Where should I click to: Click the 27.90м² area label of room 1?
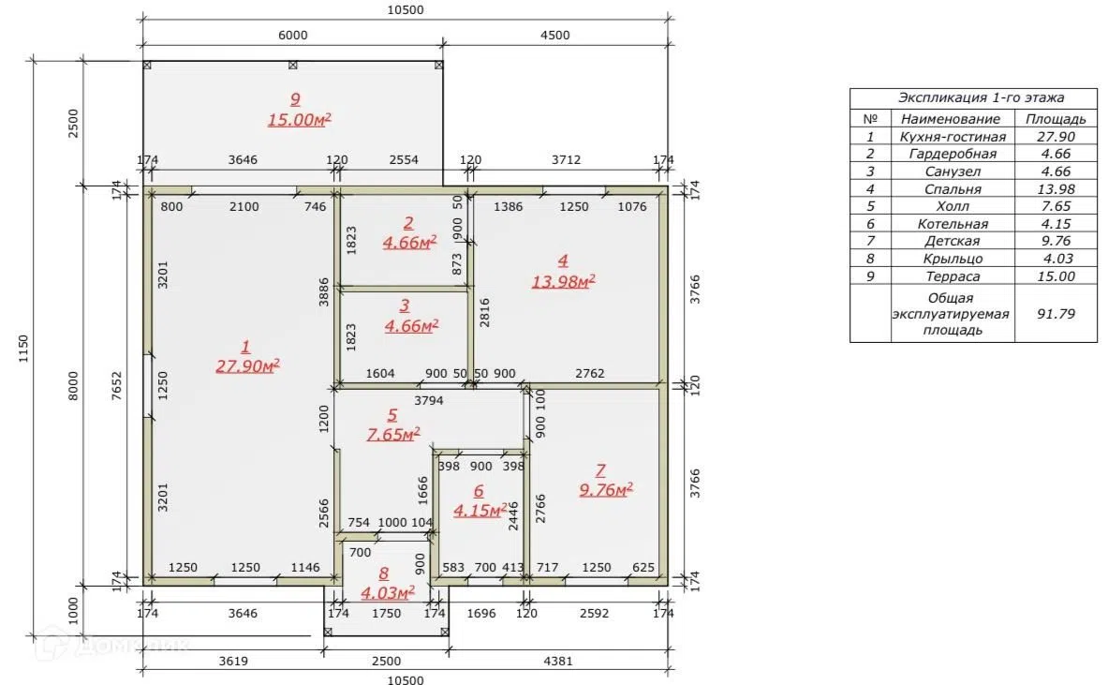pyautogui.click(x=247, y=365)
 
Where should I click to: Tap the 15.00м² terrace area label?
pyautogui.click(x=299, y=119)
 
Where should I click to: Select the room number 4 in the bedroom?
pyautogui.click(x=563, y=261)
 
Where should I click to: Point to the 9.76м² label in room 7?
pyautogui.click(x=606, y=489)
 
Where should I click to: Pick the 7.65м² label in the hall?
pyautogui.click(x=392, y=433)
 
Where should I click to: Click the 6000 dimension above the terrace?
pyautogui.click(x=292, y=36)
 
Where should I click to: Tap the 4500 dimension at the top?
pyautogui.click(x=554, y=36)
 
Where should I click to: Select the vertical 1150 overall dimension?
pyautogui.click(x=23, y=350)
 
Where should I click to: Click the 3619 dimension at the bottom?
pyautogui.click(x=233, y=661)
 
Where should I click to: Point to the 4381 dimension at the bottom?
pyautogui.click(x=557, y=661)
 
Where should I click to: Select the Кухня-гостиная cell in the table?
pyautogui.click(x=952, y=137)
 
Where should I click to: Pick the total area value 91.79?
pyautogui.click(x=1056, y=313)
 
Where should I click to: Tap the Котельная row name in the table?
pyautogui.click(x=953, y=223)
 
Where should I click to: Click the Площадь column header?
pyautogui.click(x=1056, y=119)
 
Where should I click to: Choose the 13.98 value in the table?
pyautogui.click(x=1056, y=188)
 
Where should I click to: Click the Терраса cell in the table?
pyautogui.click(x=953, y=275)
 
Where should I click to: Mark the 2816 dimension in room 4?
pyautogui.click(x=485, y=312)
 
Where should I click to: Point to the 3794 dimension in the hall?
pyautogui.click(x=428, y=400)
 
